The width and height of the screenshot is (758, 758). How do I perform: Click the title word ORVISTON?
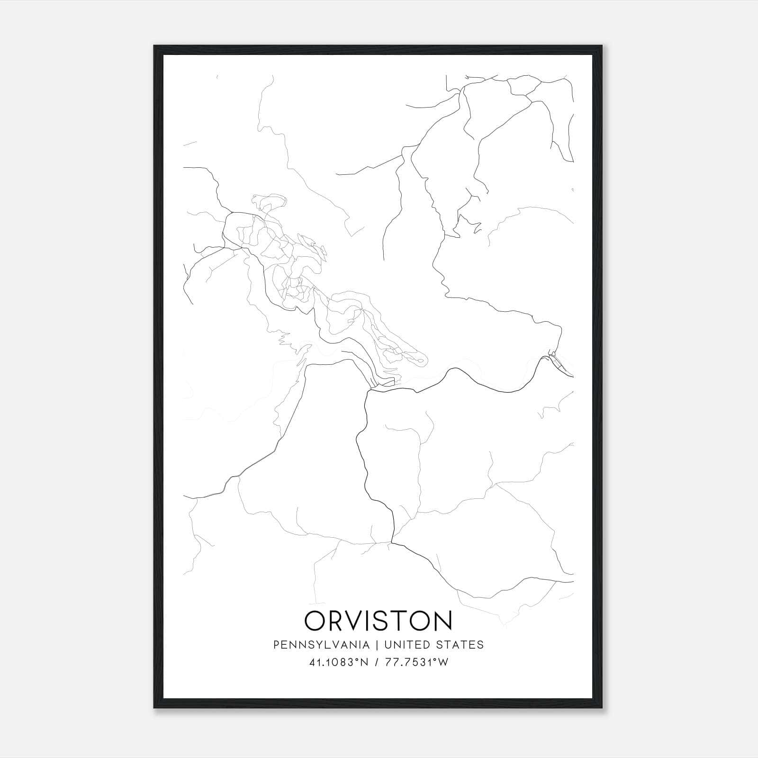(x=378, y=621)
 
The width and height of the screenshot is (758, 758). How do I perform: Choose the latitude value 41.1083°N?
(x=339, y=662)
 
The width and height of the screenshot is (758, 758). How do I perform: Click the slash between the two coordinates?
(x=376, y=662)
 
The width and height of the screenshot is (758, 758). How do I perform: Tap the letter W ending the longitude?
(x=443, y=662)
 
